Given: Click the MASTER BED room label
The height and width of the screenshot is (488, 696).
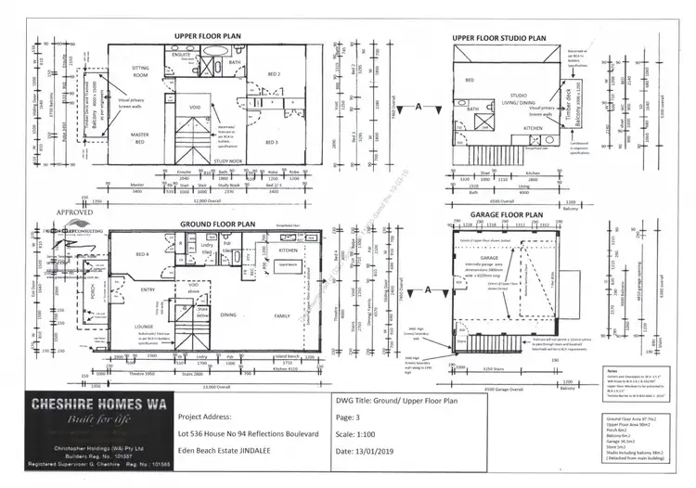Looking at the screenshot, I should pyautogui.click(x=140, y=137).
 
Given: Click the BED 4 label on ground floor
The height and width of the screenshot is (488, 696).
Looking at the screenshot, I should pyautogui.click(x=143, y=253).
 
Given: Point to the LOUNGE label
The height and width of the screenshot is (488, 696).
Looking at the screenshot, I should pyautogui.click(x=144, y=327).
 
